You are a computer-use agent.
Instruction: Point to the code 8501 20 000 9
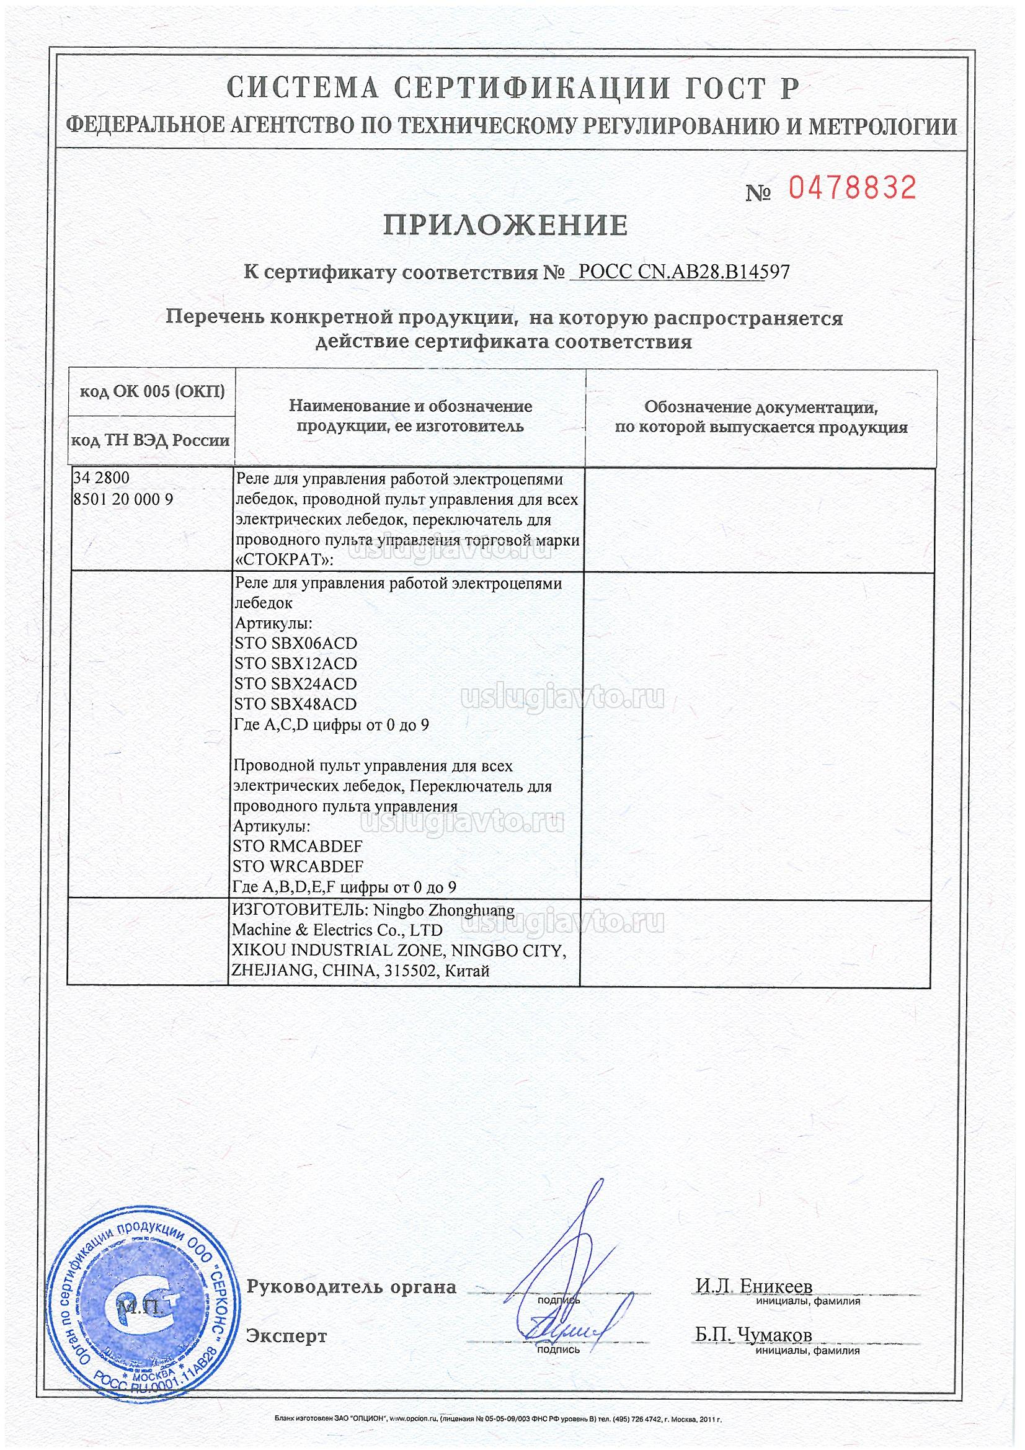click(x=123, y=499)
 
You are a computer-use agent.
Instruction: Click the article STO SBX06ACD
click(x=296, y=644)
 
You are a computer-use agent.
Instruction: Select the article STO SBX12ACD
click(x=296, y=664)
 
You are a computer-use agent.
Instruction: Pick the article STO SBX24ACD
click(x=296, y=684)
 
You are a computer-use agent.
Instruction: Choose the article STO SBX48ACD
click(x=296, y=704)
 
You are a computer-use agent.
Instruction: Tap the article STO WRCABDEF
click(x=298, y=866)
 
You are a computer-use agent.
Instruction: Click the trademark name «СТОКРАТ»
click(x=283, y=561)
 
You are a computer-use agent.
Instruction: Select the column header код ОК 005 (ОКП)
click(x=151, y=392)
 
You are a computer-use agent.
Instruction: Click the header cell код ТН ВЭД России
click(x=150, y=440)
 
